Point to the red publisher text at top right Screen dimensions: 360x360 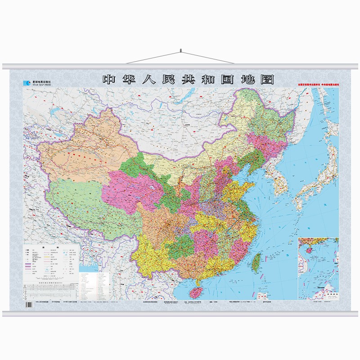(x=317, y=84)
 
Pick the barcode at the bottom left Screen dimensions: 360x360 (x=29, y=306)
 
